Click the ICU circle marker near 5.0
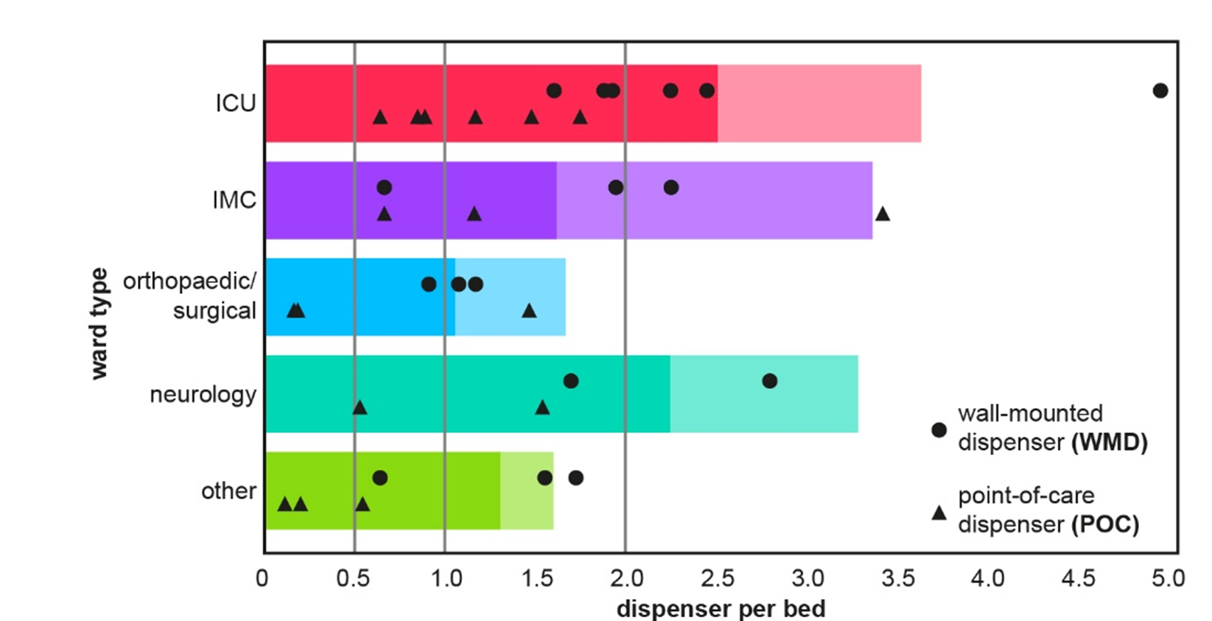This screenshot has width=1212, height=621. [1160, 91]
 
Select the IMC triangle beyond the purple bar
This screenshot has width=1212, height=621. [882, 214]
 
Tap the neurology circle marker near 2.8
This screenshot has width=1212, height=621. [769, 381]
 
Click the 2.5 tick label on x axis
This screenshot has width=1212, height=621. [717, 579]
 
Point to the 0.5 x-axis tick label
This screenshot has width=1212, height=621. [353, 579]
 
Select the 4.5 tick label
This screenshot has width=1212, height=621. [1078, 579]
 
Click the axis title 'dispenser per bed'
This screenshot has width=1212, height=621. [721, 609]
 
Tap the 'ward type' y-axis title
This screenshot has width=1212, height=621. [99, 324]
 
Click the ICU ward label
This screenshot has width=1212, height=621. [236, 103]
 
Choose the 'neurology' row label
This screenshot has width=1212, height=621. [203, 395]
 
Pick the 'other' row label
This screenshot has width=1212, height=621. [228, 491]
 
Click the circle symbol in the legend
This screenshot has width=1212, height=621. [939, 429]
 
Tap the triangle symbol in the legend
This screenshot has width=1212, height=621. [939, 513]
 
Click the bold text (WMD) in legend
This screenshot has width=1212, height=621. [1109, 443]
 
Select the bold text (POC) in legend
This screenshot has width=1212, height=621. [1104, 525]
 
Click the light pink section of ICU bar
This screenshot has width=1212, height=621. [818, 103]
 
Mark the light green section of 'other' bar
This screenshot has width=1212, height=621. [527, 491]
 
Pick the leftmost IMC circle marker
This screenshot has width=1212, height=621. [384, 187]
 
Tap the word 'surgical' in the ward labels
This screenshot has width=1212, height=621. [214, 311]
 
